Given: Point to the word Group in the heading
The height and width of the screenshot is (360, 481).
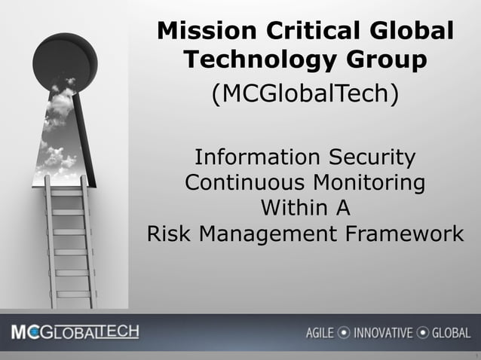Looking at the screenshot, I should (x=384, y=59).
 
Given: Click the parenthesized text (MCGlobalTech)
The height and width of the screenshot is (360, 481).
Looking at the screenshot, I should (x=305, y=96).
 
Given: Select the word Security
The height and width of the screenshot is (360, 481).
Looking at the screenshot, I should (x=370, y=158).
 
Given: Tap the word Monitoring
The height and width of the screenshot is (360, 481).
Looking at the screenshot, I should (x=366, y=183).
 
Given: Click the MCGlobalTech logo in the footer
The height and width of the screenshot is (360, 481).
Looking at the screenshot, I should (x=75, y=332).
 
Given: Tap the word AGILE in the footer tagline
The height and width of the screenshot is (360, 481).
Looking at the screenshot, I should (x=320, y=333).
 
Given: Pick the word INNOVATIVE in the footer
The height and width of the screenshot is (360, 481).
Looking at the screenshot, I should (x=384, y=333).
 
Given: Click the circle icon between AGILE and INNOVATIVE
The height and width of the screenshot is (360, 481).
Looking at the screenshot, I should (x=344, y=333).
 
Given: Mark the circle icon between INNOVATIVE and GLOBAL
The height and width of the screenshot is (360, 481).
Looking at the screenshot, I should (x=423, y=333).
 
